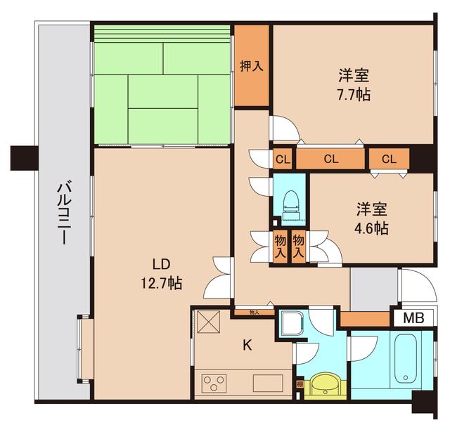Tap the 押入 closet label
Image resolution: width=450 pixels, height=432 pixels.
click(251, 66)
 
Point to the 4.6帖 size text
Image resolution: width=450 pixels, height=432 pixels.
click(372, 228)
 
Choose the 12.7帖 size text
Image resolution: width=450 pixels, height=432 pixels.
click(161, 284)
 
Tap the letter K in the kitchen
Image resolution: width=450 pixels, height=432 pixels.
click(247, 344)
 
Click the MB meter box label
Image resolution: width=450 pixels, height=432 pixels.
click(413, 318)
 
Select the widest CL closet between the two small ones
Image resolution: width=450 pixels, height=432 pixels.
click(330, 159)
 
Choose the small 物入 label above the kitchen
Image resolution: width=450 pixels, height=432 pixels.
click(254, 312)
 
